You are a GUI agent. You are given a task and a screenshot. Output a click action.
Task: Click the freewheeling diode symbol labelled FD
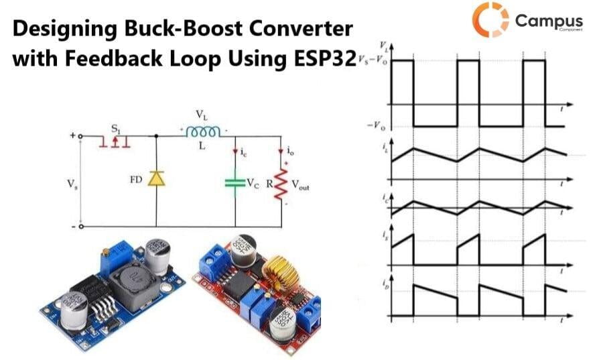pos(156,178)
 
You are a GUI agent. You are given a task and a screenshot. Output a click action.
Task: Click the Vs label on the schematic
pos(72,182)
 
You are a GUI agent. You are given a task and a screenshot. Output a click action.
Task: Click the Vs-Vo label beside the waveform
pos(373,61)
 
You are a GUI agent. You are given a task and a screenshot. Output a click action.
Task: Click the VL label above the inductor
pos(200,115)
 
